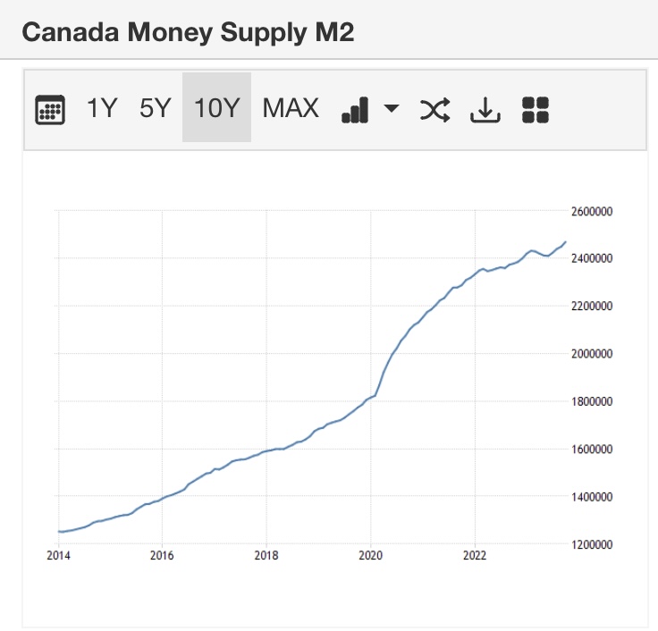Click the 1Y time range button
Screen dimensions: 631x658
click(102, 108)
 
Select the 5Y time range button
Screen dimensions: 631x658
click(155, 108)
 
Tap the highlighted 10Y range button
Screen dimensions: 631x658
click(216, 108)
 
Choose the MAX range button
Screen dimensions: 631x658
click(291, 108)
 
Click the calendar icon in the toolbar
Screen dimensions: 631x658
click(50, 110)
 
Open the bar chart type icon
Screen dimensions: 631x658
click(355, 110)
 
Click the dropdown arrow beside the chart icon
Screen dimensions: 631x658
click(392, 109)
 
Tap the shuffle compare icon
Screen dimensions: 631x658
click(435, 110)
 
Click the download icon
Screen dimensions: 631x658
click(485, 110)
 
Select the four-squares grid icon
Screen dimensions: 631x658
click(536, 110)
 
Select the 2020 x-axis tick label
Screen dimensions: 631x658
click(370, 555)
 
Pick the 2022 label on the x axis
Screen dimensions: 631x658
click(475, 555)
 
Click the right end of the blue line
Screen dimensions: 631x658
click(565, 242)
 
